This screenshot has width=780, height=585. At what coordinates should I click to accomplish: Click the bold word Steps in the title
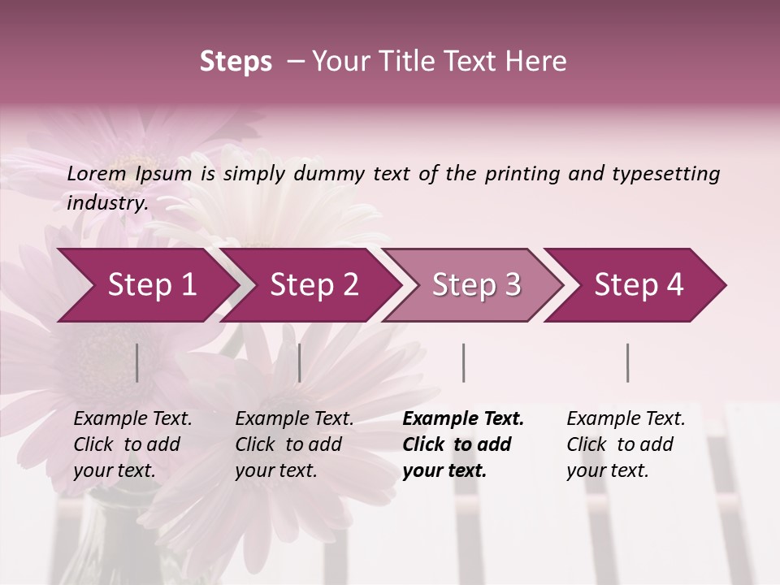coord(236,62)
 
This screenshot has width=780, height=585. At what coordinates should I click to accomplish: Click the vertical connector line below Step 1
coord(136,362)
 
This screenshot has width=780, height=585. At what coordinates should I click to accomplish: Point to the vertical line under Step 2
coord(300,362)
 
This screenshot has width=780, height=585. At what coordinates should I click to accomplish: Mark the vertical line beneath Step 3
coord(463,362)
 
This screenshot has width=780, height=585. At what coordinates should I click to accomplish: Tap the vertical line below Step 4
coord(627,362)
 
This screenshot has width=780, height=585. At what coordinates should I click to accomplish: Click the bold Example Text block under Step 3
coord(463,444)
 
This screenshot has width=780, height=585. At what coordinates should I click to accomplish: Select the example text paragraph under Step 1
coord(132,444)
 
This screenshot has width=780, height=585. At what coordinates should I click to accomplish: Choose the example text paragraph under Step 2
coord(294,444)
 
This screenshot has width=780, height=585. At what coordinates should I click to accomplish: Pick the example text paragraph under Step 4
coord(626,444)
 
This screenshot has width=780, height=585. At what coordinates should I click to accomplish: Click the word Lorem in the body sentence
coord(97,173)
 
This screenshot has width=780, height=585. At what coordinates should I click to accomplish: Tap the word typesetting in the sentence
coord(665,173)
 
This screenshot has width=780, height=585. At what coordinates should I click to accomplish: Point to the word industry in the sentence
coord(106,202)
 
